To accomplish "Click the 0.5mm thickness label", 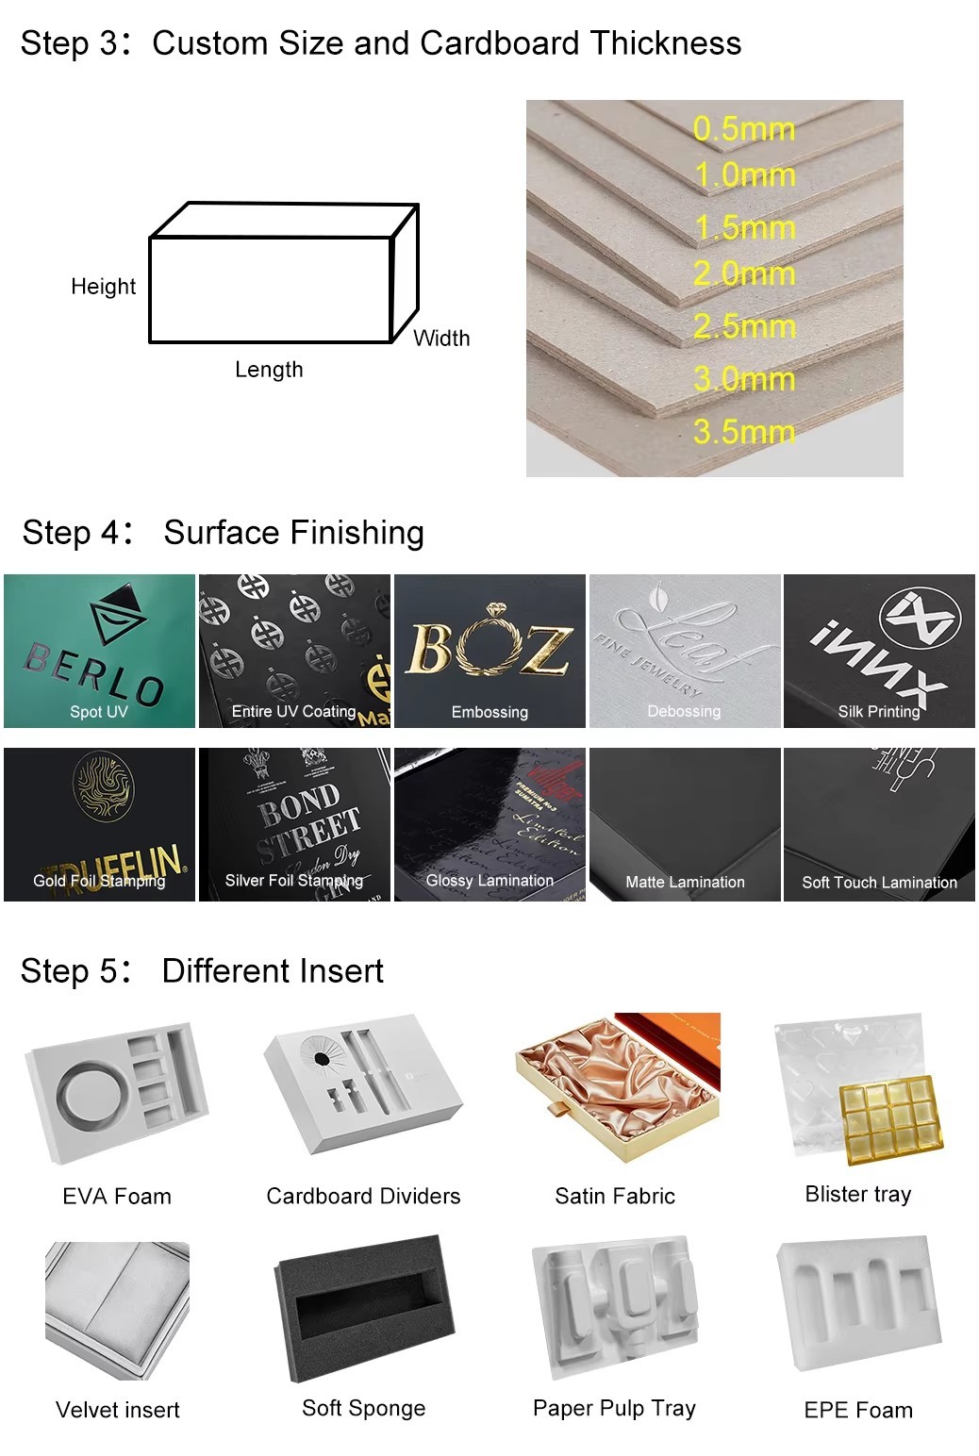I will coord(743,129).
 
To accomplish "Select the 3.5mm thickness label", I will coord(743,432).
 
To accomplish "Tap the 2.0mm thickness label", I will coord(743,274).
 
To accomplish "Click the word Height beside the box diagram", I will coord(103,287).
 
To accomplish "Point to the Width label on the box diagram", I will coord(441,339).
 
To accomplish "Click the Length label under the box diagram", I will coord(269,370).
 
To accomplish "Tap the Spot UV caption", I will coord(98,712).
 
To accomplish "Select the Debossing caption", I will coord(684,712).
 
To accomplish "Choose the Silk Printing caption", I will coord(879,712).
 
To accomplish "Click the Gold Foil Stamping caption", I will coord(99,881).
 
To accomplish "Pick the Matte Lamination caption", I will coord(685,883).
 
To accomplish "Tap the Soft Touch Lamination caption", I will coord(879,883).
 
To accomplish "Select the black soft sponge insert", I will coord(362,1307).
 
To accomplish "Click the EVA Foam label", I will coord(117,1197).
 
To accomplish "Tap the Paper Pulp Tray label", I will coord(614,1409).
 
